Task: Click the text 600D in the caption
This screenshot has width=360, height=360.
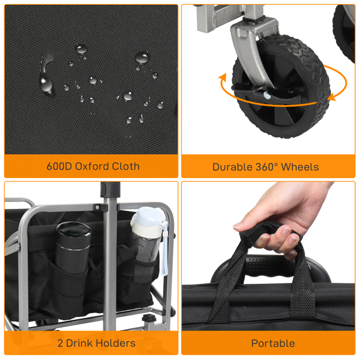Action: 59,166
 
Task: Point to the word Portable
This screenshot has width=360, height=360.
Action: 273,343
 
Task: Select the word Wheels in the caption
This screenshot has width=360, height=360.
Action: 298,167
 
